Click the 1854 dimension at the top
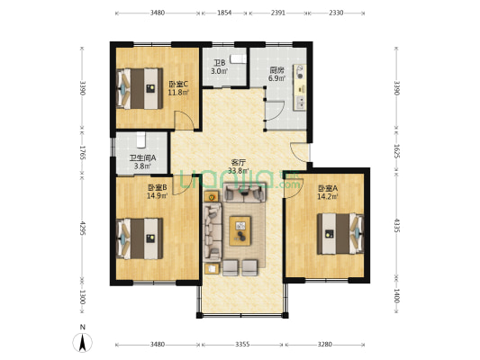pos(224,13)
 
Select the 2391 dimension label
pos(278,13)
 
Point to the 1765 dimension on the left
pos(82,152)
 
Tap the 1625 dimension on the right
pos(396,151)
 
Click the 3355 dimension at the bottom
pos(242,345)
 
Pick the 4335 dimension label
pos(396,225)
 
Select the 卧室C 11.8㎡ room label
pos(178,88)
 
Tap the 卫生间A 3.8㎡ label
pos(142,162)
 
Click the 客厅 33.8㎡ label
pos(239,166)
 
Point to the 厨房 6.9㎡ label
pos(277,74)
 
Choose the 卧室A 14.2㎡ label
pos(327,192)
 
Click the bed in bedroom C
pos(140,89)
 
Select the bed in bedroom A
pos(340,234)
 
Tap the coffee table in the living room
pos(240,231)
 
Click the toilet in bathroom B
pos(238,58)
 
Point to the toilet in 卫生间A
pos(140,139)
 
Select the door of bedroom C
pos(184,121)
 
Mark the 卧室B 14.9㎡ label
pos(158,192)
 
